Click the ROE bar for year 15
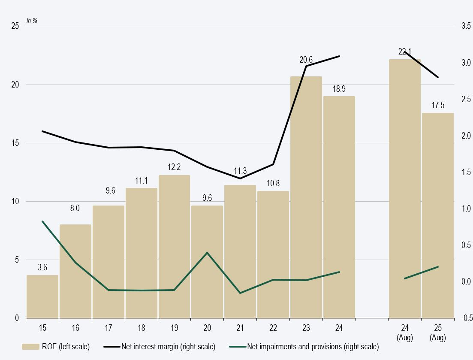coord(42,296)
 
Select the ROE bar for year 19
coord(174,246)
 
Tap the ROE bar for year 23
coord(306,197)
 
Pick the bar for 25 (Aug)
coord(437,215)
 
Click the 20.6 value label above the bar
coord(306,60)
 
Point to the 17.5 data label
coord(437,106)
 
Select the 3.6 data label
coord(42,268)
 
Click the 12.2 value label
coord(174,167)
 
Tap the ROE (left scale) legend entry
coord(56,346)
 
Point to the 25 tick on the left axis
coord(15,26)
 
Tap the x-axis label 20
coord(207,328)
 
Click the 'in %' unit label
coord(32,20)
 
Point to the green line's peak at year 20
coord(207,253)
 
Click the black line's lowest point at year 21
coord(240,178)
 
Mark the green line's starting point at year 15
coord(42,221)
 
